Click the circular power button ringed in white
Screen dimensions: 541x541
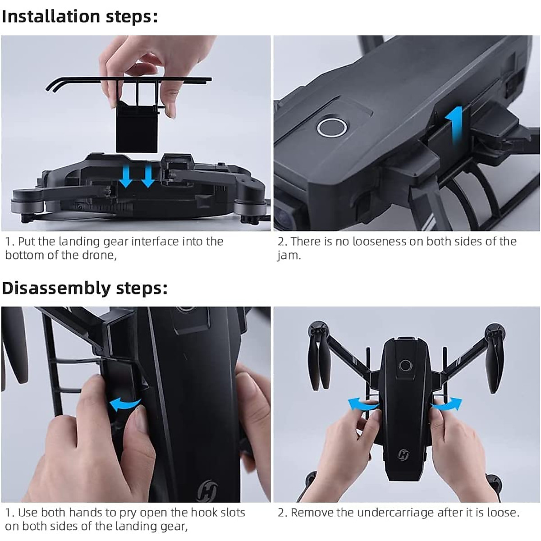[332, 127]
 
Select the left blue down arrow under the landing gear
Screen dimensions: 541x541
[126, 179]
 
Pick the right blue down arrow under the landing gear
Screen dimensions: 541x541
[147, 179]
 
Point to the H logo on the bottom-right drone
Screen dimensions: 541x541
[403, 455]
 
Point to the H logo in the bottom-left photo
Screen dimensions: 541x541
[208, 489]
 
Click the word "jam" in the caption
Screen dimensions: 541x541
[288, 256]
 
